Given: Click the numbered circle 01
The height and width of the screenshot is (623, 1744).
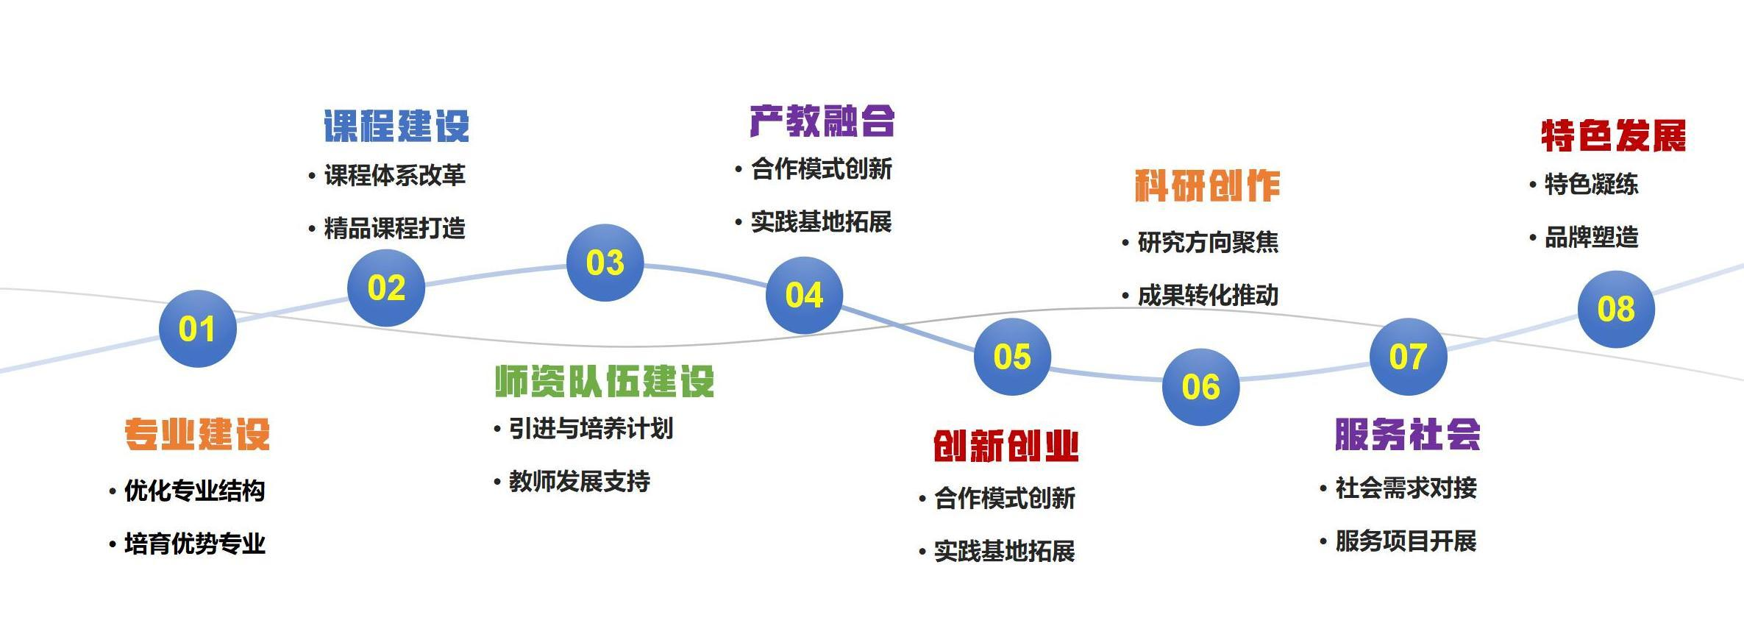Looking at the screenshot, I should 197,329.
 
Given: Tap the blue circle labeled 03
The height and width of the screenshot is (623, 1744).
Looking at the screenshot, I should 605,263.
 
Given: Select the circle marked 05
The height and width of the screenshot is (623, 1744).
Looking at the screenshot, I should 1012,357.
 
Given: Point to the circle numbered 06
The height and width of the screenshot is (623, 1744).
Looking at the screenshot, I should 1200,387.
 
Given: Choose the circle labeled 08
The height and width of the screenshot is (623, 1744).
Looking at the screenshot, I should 1616,309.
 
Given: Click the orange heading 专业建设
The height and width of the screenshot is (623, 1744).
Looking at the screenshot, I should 197,433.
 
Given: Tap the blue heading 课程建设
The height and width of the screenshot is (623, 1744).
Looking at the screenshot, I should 396,126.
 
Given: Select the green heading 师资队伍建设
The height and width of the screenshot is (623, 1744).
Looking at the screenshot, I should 604,381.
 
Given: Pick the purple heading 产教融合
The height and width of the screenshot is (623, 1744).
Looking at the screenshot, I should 822,121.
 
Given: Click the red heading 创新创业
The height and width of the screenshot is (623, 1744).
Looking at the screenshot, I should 1006,446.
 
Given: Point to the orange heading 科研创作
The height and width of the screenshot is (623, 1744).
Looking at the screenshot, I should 1207,185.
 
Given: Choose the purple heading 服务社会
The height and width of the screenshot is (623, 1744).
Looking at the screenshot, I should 1407,434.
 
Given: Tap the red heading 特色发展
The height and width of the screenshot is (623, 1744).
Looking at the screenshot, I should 1613,136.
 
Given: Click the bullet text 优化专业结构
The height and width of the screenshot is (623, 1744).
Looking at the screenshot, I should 194,491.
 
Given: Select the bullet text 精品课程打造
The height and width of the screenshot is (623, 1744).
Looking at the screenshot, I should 394,228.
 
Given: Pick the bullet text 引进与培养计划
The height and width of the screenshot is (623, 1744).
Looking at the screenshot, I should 591,428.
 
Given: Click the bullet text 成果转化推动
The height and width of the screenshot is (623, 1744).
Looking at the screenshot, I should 1208,296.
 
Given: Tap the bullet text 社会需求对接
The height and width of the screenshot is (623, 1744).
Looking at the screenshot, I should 1406,488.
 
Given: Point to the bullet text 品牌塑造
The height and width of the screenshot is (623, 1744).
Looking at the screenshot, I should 1591,238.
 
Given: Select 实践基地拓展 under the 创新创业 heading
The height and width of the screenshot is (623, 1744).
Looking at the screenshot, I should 1004,551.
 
